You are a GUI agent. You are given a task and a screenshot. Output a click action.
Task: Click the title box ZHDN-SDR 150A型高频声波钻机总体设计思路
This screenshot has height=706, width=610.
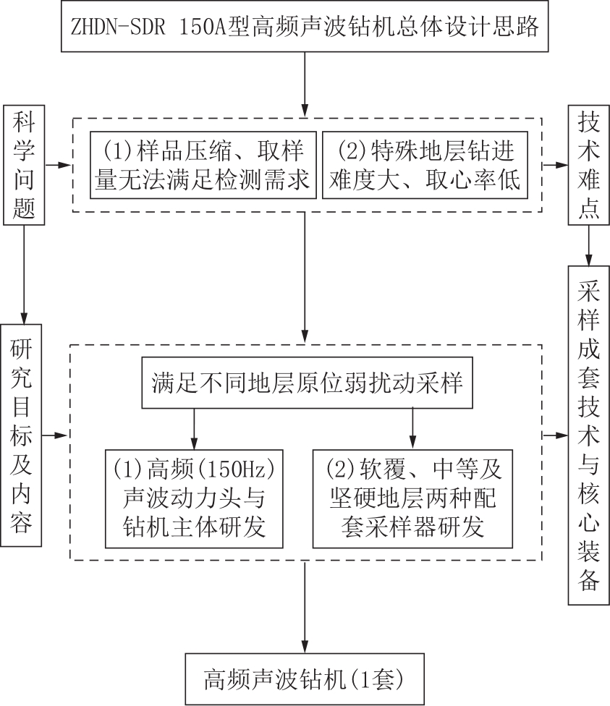[305, 26]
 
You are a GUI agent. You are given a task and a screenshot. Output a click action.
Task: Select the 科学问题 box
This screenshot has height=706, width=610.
[24, 165]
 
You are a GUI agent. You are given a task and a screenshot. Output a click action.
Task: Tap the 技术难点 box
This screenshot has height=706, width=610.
[588, 165]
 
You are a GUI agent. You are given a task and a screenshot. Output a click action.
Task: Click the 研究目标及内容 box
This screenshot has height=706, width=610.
[21, 435]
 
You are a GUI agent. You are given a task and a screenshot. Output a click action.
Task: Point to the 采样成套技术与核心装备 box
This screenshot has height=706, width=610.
[588, 435]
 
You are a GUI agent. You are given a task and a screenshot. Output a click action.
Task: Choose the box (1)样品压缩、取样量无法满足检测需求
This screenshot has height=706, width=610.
[203, 165]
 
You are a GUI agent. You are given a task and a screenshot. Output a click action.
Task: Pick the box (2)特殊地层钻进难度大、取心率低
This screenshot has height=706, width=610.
[425, 165]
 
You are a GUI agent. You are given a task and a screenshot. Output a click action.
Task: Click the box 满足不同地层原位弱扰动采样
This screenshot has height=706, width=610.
[308, 383]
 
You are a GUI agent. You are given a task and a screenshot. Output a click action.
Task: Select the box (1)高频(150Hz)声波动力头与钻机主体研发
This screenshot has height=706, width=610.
[194, 498]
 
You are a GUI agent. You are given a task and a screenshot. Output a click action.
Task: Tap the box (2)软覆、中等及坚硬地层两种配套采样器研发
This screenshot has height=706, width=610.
[412, 498]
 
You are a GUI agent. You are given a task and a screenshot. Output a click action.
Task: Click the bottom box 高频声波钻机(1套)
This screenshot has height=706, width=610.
[305, 679]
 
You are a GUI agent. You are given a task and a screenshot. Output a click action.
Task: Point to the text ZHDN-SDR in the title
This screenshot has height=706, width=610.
[118, 27]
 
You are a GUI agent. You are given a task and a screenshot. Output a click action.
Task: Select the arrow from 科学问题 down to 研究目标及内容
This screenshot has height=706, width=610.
[24, 275]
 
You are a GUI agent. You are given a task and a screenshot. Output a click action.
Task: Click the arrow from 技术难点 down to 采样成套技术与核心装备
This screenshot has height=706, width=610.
[588, 245]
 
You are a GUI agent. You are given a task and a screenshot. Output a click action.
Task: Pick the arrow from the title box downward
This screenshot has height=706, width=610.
[305, 85]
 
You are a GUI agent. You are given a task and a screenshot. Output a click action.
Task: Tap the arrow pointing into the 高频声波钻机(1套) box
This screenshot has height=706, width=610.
[305, 607]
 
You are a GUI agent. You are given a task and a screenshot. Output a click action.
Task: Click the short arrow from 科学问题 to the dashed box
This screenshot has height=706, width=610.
[58, 165]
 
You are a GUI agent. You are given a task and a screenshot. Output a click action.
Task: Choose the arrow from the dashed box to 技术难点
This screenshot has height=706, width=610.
[555, 165]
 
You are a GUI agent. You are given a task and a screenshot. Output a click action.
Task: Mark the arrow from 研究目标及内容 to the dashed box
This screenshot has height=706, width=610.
[55, 435]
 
